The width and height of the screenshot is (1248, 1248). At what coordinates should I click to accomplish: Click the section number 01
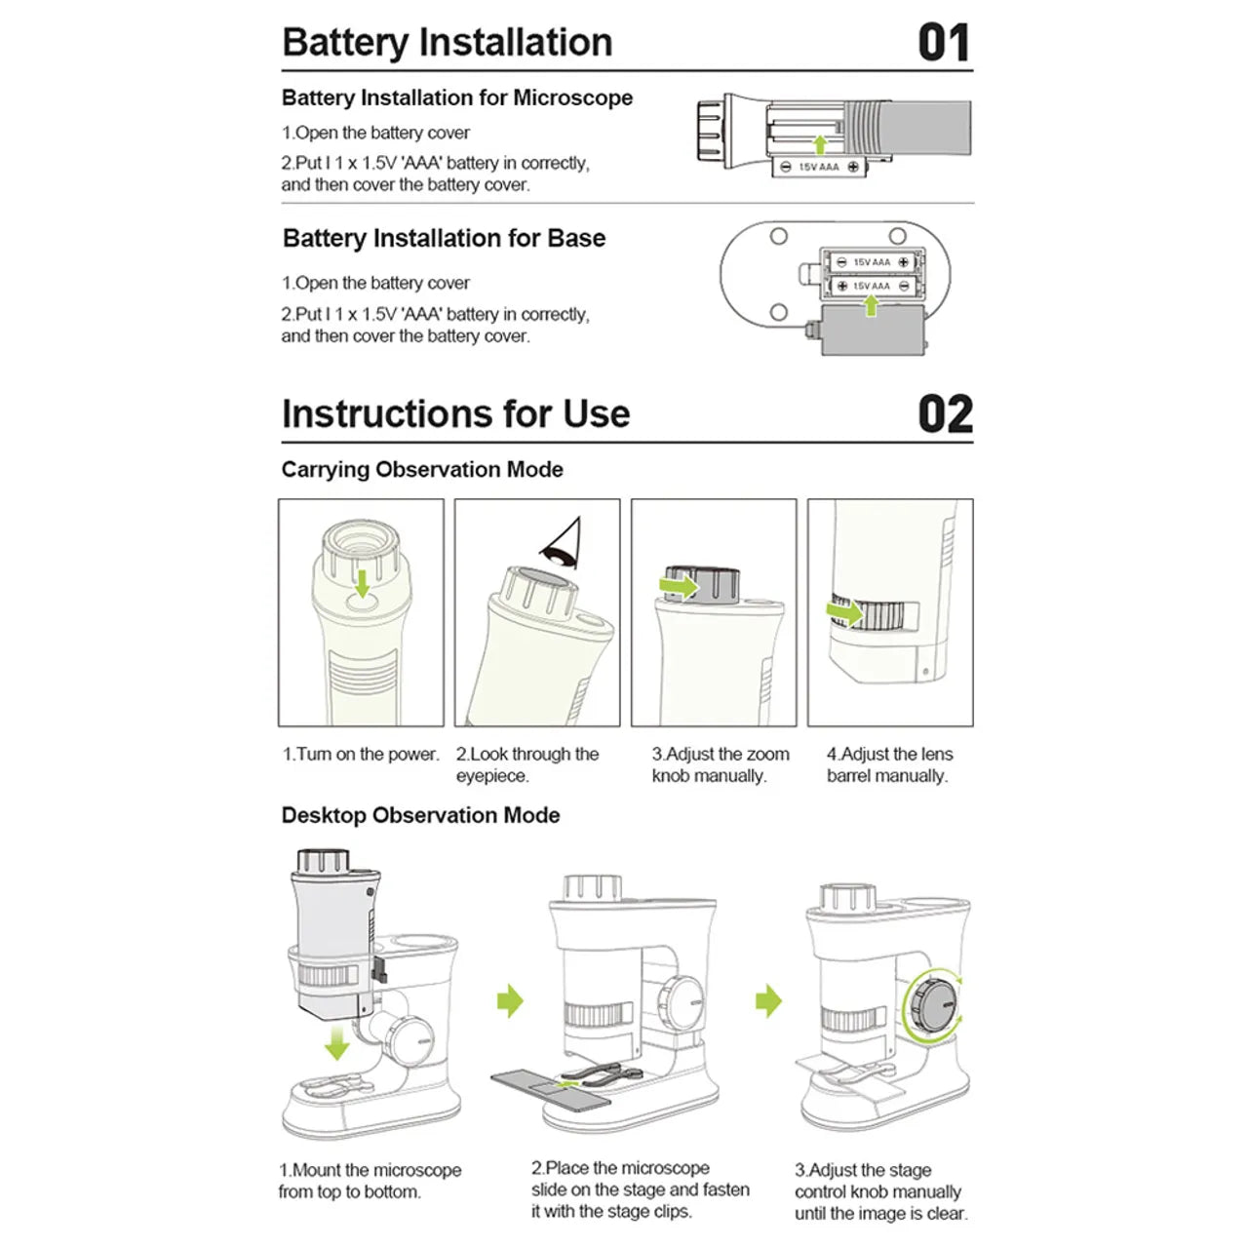point(943,43)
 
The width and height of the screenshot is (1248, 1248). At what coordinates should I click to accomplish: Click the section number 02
point(945,414)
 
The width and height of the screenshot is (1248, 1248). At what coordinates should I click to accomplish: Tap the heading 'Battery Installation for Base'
point(444,239)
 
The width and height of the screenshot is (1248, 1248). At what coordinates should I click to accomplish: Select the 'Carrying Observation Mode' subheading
point(422,470)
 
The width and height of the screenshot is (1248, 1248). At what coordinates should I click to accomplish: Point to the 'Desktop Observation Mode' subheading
point(420,816)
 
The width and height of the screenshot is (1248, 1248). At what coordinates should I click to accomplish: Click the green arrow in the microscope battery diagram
point(820,144)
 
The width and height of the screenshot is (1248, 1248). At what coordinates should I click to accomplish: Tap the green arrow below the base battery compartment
point(871,305)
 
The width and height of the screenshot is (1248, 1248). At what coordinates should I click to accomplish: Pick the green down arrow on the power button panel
point(362,583)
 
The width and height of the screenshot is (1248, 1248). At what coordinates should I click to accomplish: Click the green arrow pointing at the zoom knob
point(680,585)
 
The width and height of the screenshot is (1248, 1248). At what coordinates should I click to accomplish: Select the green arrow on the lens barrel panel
point(844,613)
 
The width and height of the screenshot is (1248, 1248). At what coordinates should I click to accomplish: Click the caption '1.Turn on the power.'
point(361,755)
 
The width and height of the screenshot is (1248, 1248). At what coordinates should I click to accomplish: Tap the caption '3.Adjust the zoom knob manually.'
point(720,765)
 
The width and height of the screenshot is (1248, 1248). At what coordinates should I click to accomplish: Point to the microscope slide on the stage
point(551,1088)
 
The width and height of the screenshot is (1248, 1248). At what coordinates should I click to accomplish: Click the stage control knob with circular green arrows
point(933,1004)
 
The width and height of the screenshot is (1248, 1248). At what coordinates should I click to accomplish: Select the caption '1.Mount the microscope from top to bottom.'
point(370,1181)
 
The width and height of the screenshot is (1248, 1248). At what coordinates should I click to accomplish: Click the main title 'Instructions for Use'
point(455,414)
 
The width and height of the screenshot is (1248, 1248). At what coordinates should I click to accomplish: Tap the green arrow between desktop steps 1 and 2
point(510,1000)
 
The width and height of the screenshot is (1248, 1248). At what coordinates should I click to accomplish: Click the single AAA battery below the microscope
point(820,167)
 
